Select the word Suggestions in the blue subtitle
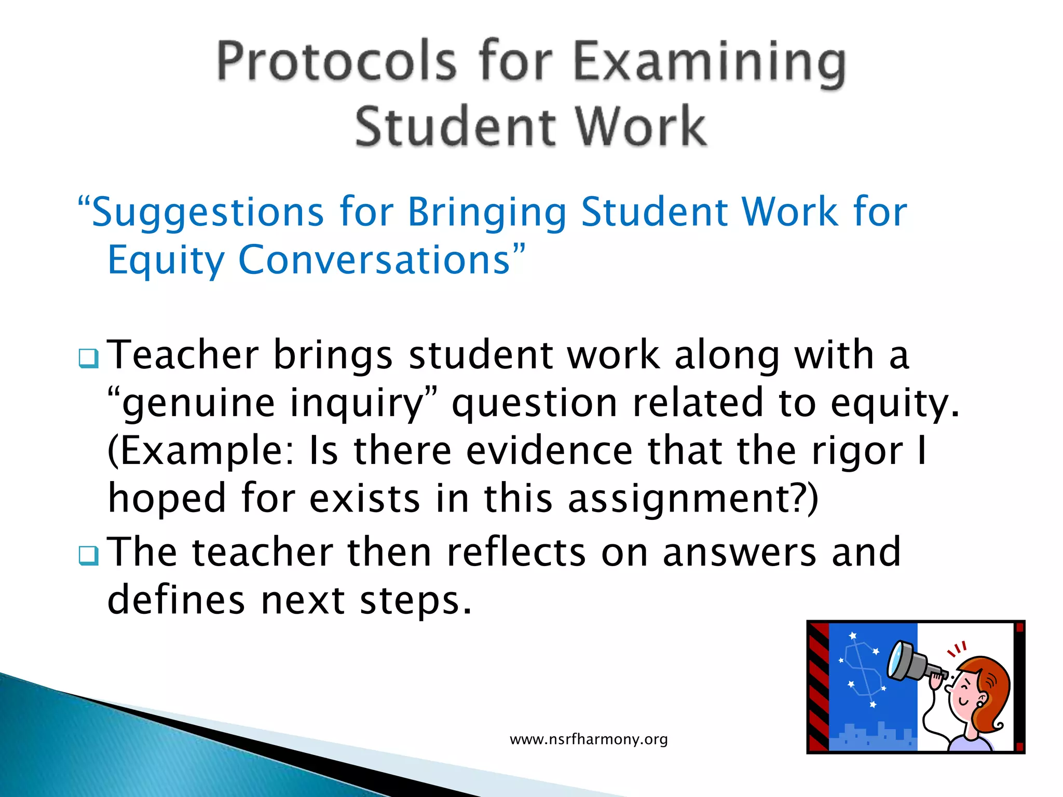[x=208, y=213]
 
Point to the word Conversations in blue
[x=374, y=259]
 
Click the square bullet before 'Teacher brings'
[x=88, y=358]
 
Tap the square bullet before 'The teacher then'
[x=88, y=555]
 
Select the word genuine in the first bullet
[x=198, y=404]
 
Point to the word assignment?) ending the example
[x=693, y=498]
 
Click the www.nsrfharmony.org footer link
[x=589, y=739]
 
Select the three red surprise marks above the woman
[x=957, y=649]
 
